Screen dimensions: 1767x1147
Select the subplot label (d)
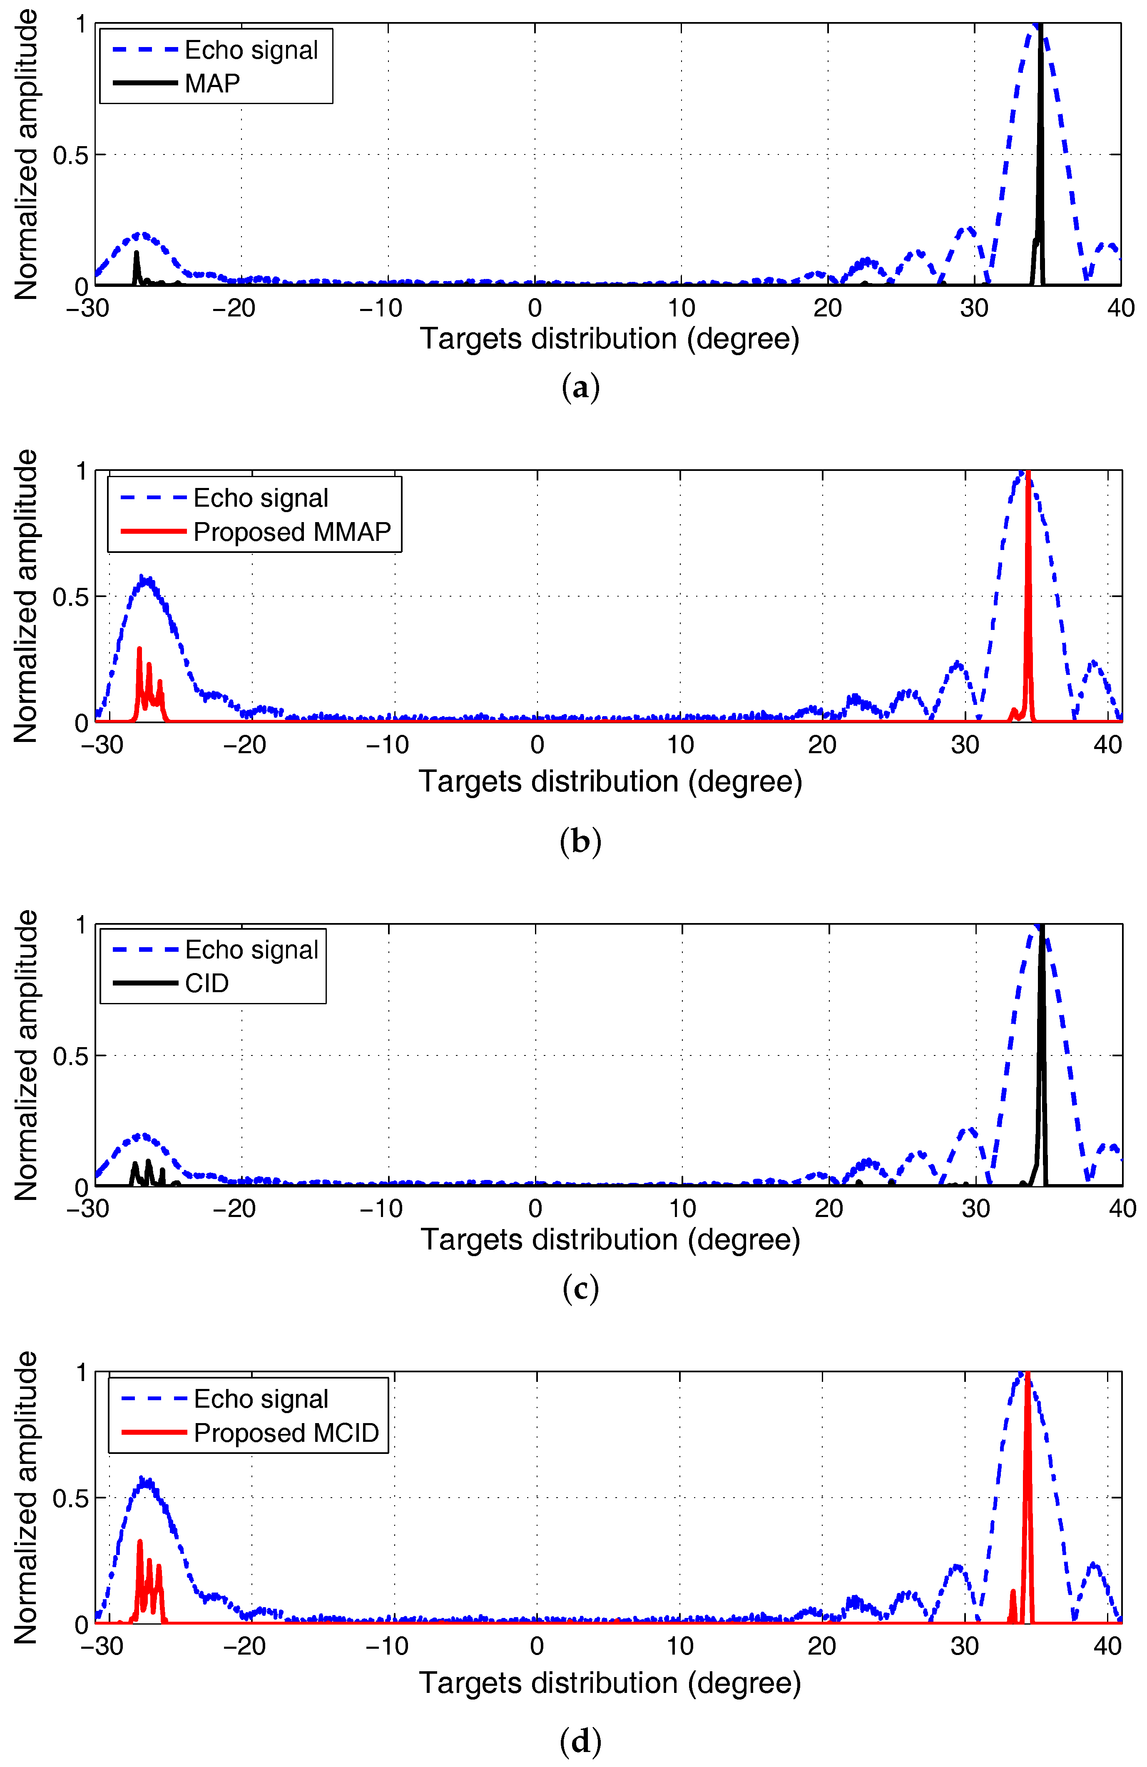[580, 1740]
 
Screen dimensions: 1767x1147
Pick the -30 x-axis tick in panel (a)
[87, 308]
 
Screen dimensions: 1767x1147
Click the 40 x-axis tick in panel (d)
[1107, 1646]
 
